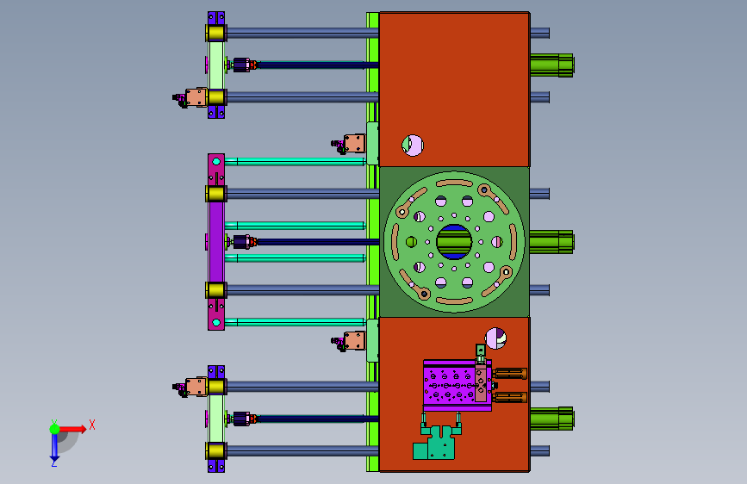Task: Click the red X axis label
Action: [x=92, y=425]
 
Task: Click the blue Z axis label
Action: [x=54, y=462]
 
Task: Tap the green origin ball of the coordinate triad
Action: [x=55, y=429]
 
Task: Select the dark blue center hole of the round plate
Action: [x=454, y=242]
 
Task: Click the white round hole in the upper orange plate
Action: [x=413, y=146]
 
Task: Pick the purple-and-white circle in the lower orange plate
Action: [x=495, y=338]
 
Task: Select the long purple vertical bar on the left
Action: [x=216, y=242]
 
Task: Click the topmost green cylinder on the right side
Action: [x=551, y=65]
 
